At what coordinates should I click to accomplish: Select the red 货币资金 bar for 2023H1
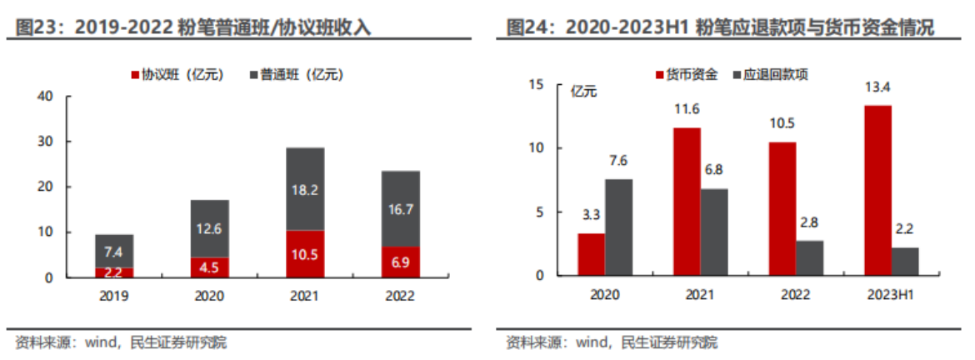(877, 190)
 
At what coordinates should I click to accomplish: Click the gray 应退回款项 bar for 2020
(618, 227)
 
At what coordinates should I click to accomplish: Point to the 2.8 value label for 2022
(809, 223)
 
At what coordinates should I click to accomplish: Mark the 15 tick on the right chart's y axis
(536, 85)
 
